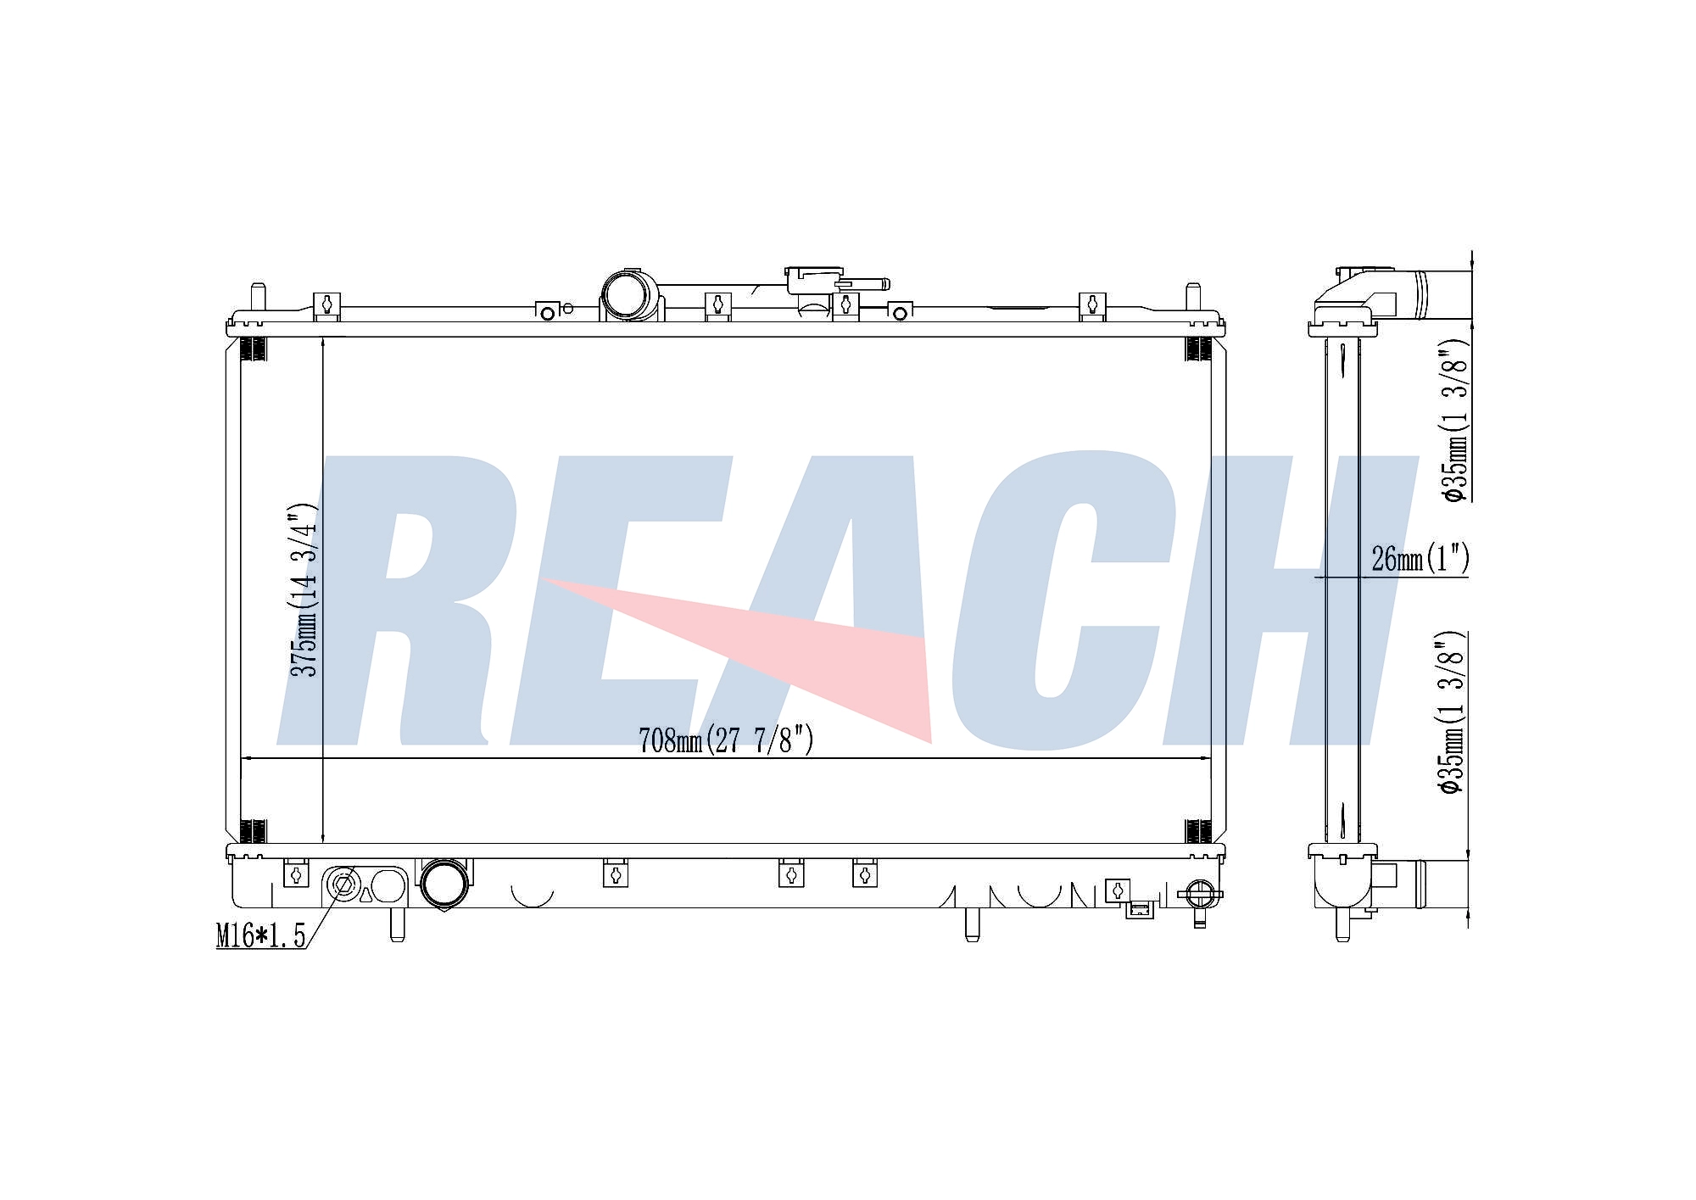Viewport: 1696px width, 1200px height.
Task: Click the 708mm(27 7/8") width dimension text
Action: (x=726, y=740)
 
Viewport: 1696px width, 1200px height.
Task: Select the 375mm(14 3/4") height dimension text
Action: (x=304, y=590)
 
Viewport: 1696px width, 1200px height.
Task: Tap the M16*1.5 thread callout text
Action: (x=260, y=936)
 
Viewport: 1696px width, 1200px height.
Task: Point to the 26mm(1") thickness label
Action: (x=1420, y=558)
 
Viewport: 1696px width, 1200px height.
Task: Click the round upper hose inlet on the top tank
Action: (x=630, y=295)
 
